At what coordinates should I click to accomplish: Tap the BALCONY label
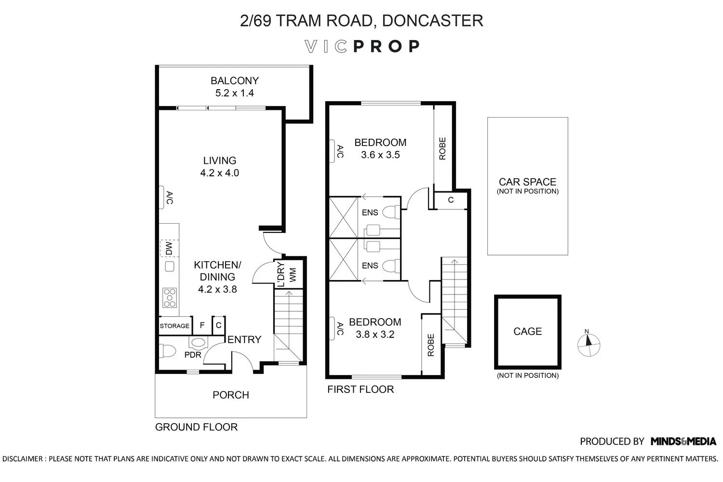(235, 80)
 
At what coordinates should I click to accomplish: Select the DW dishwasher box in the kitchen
(169, 248)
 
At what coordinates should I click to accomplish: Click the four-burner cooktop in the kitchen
(170, 297)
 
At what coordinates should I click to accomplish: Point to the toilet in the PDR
(168, 350)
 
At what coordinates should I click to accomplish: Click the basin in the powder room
(198, 343)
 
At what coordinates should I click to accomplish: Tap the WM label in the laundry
(293, 275)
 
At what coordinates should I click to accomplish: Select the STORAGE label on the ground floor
(174, 326)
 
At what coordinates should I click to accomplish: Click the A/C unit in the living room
(161, 197)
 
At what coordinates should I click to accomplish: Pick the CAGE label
(528, 331)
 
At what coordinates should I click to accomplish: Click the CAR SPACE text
(528, 182)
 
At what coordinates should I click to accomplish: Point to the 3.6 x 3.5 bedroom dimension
(381, 155)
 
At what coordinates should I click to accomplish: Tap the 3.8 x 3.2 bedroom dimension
(375, 334)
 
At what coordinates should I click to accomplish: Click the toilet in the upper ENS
(391, 212)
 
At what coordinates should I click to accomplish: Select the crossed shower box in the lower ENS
(343, 260)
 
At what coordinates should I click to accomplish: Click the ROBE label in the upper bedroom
(442, 148)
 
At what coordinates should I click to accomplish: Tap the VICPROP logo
(362, 46)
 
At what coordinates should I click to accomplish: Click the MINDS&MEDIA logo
(683, 442)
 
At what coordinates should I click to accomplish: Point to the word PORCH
(231, 395)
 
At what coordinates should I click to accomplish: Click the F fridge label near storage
(202, 325)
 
